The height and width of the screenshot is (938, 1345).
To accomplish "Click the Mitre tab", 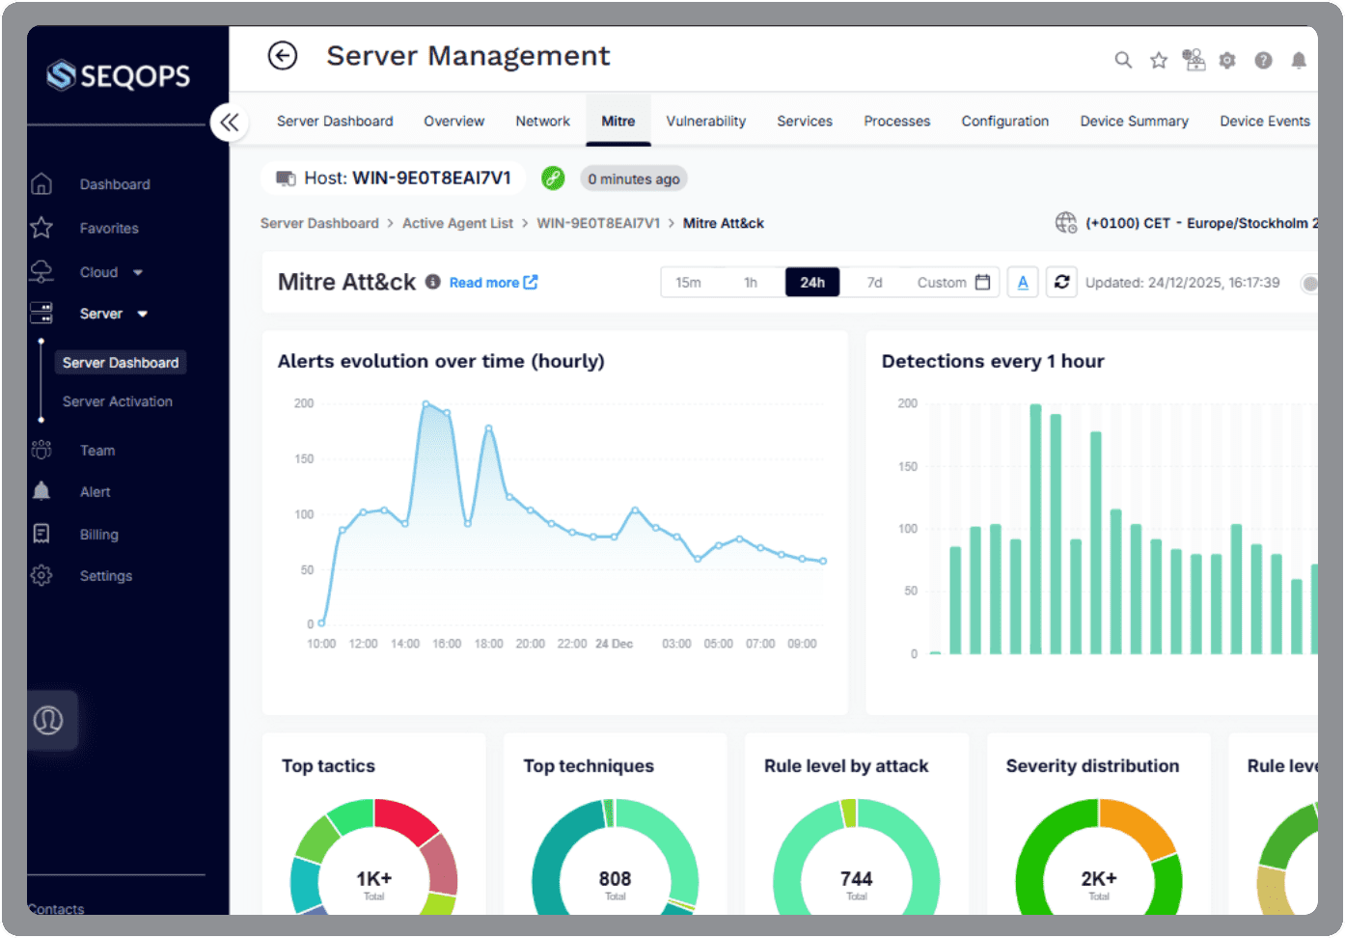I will coord(618,122).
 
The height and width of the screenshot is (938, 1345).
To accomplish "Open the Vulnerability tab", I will coord(705,122).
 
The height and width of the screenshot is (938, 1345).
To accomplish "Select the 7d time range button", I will coord(874,283).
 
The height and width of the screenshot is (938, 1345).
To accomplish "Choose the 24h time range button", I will coord(811,283).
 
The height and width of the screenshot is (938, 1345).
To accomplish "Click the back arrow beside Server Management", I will coord(283,57).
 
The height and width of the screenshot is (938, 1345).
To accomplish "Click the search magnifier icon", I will coord(1123,61).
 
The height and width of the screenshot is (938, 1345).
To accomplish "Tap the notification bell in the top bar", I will coord(1299,61).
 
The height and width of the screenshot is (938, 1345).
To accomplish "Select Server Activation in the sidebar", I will coord(118,401).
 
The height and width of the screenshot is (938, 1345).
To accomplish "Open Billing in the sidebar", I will coord(98,535).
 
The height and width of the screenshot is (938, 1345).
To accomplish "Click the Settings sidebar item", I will coord(105,576).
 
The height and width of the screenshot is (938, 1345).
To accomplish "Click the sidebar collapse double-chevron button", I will coord(230,123).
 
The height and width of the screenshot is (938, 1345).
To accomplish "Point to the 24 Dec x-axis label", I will coord(614,644).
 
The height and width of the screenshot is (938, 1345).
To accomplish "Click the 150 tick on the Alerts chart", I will coord(305,459).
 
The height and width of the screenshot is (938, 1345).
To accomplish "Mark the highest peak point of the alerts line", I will coord(425,403).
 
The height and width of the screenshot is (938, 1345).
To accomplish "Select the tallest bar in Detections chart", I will coord(1035,529).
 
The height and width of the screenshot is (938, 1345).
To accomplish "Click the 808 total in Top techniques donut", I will coord(615,879).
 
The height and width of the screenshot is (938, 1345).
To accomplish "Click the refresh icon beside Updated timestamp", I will coord(1061,283).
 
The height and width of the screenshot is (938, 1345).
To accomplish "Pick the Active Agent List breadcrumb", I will coord(457,224).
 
